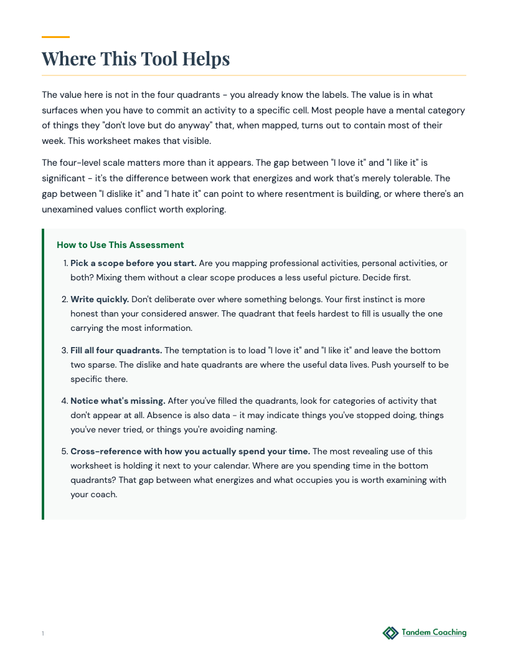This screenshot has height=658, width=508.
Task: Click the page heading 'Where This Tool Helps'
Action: click(136, 59)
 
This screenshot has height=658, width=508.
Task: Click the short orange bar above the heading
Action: click(55, 37)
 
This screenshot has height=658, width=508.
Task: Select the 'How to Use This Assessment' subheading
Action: click(120, 245)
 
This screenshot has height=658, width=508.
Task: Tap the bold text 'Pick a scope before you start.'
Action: click(133, 263)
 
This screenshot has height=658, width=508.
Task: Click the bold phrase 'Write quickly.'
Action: click(100, 299)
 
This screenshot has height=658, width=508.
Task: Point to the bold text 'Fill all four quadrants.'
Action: click(116, 350)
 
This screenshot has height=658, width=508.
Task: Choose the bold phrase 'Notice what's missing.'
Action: click(118, 401)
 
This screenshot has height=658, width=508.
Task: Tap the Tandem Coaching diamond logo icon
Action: click(390, 633)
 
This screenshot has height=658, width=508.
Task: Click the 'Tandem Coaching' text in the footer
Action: click(434, 632)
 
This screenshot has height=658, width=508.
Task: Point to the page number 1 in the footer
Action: click(43, 634)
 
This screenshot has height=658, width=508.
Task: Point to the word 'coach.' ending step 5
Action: click(103, 495)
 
